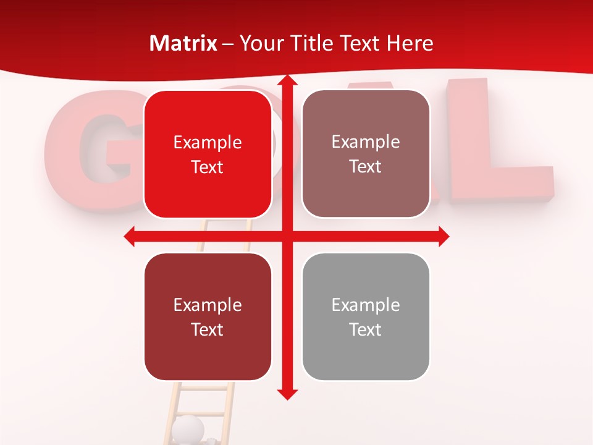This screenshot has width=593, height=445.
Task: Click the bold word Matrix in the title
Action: pyautogui.click(x=183, y=43)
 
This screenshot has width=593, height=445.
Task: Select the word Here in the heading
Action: pyautogui.click(x=410, y=43)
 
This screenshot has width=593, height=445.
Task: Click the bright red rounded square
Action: pyautogui.click(x=208, y=155)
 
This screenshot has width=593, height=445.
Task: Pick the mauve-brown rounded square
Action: pyautogui.click(x=366, y=154)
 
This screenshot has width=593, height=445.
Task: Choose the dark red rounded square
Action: pyautogui.click(x=208, y=317)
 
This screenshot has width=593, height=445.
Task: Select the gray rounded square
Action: pyautogui.click(x=366, y=317)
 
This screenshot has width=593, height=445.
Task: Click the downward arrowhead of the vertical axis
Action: pyautogui.click(x=287, y=394)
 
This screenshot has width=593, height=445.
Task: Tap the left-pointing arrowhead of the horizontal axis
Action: pyautogui.click(x=130, y=236)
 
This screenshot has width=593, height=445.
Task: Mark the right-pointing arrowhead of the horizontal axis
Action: pyautogui.click(x=444, y=236)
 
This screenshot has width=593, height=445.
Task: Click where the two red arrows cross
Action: pyautogui.click(x=287, y=236)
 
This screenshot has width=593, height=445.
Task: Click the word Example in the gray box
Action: pyautogui.click(x=366, y=305)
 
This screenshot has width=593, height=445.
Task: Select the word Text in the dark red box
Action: pyautogui.click(x=208, y=329)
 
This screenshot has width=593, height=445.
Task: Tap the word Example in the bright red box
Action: pyautogui.click(x=208, y=142)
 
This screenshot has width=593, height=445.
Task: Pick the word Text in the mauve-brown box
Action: pyautogui.click(x=366, y=167)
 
